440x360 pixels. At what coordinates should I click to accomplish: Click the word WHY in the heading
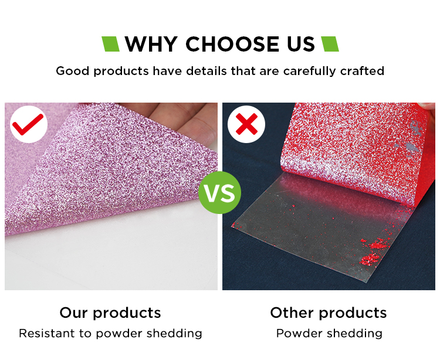pos(151,45)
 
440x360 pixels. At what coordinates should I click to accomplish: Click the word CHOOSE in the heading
pos(232,45)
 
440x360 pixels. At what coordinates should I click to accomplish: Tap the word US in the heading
pos(301,45)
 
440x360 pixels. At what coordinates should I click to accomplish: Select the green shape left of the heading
pos(110,44)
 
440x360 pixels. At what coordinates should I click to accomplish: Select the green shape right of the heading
pos(330,44)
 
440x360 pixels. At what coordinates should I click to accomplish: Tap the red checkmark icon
pos(28,124)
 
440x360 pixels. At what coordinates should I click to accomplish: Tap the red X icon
pos(246,124)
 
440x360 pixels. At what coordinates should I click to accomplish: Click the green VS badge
pos(220,193)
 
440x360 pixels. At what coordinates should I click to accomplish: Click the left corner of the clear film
pos(232,225)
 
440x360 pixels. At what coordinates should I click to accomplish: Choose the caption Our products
pos(110,313)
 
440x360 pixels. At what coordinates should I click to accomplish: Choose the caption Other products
pos(329,313)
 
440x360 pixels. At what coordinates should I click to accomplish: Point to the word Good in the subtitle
pos(73,71)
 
